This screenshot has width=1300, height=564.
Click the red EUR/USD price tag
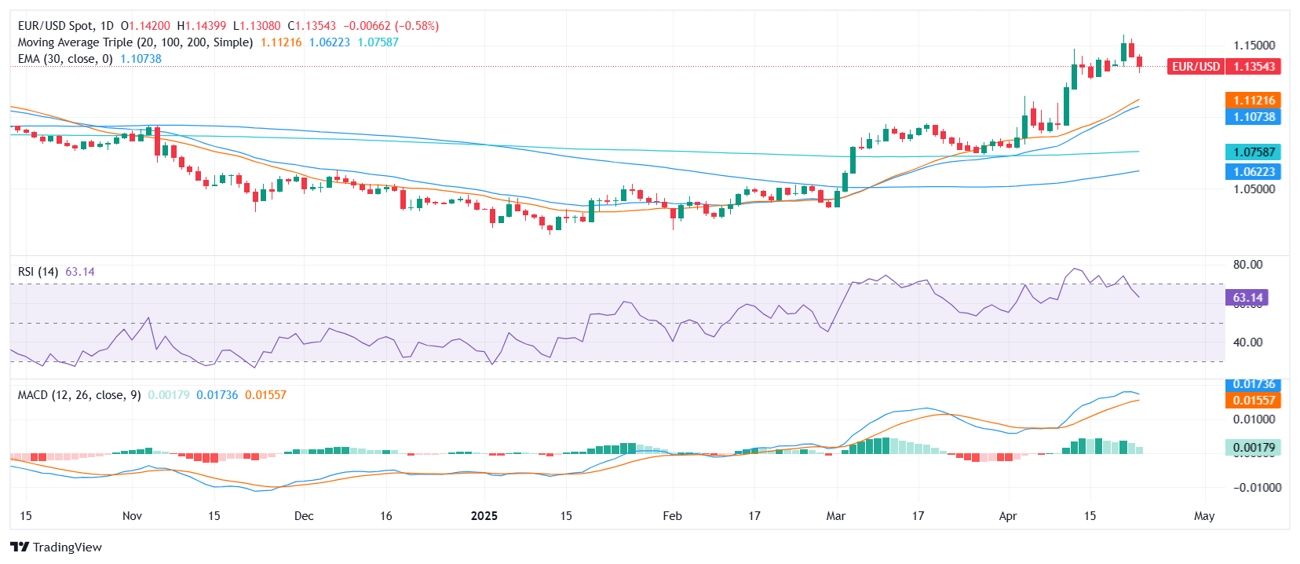[x=1224, y=67]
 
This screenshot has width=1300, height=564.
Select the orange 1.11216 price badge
[x=1253, y=101]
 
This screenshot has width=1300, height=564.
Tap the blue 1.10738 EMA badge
[x=1253, y=117]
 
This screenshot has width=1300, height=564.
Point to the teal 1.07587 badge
[x=1253, y=152]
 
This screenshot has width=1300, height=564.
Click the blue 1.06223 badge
[x=1253, y=172]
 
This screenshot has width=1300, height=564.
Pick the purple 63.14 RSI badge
[x=1247, y=298]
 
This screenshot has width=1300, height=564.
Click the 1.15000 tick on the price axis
[x=1254, y=46]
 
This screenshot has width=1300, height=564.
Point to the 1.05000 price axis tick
[x=1254, y=189]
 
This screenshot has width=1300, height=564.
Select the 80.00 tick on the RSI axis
[x=1247, y=265]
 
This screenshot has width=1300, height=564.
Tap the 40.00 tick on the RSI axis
[x=1247, y=342]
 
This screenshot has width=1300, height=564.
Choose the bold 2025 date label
[x=484, y=516]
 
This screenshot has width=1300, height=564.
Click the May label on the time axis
[x=1203, y=516]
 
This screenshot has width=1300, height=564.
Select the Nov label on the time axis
[x=132, y=516]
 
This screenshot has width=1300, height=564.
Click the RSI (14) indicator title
[x=38, y=272]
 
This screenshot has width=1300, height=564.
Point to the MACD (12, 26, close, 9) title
[x=79, y=395]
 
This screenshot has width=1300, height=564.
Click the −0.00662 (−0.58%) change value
[x=391, y=26]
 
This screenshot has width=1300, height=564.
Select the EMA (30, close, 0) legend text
[x=65, y=59]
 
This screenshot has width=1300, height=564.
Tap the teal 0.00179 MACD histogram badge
[x=1253, y=448]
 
